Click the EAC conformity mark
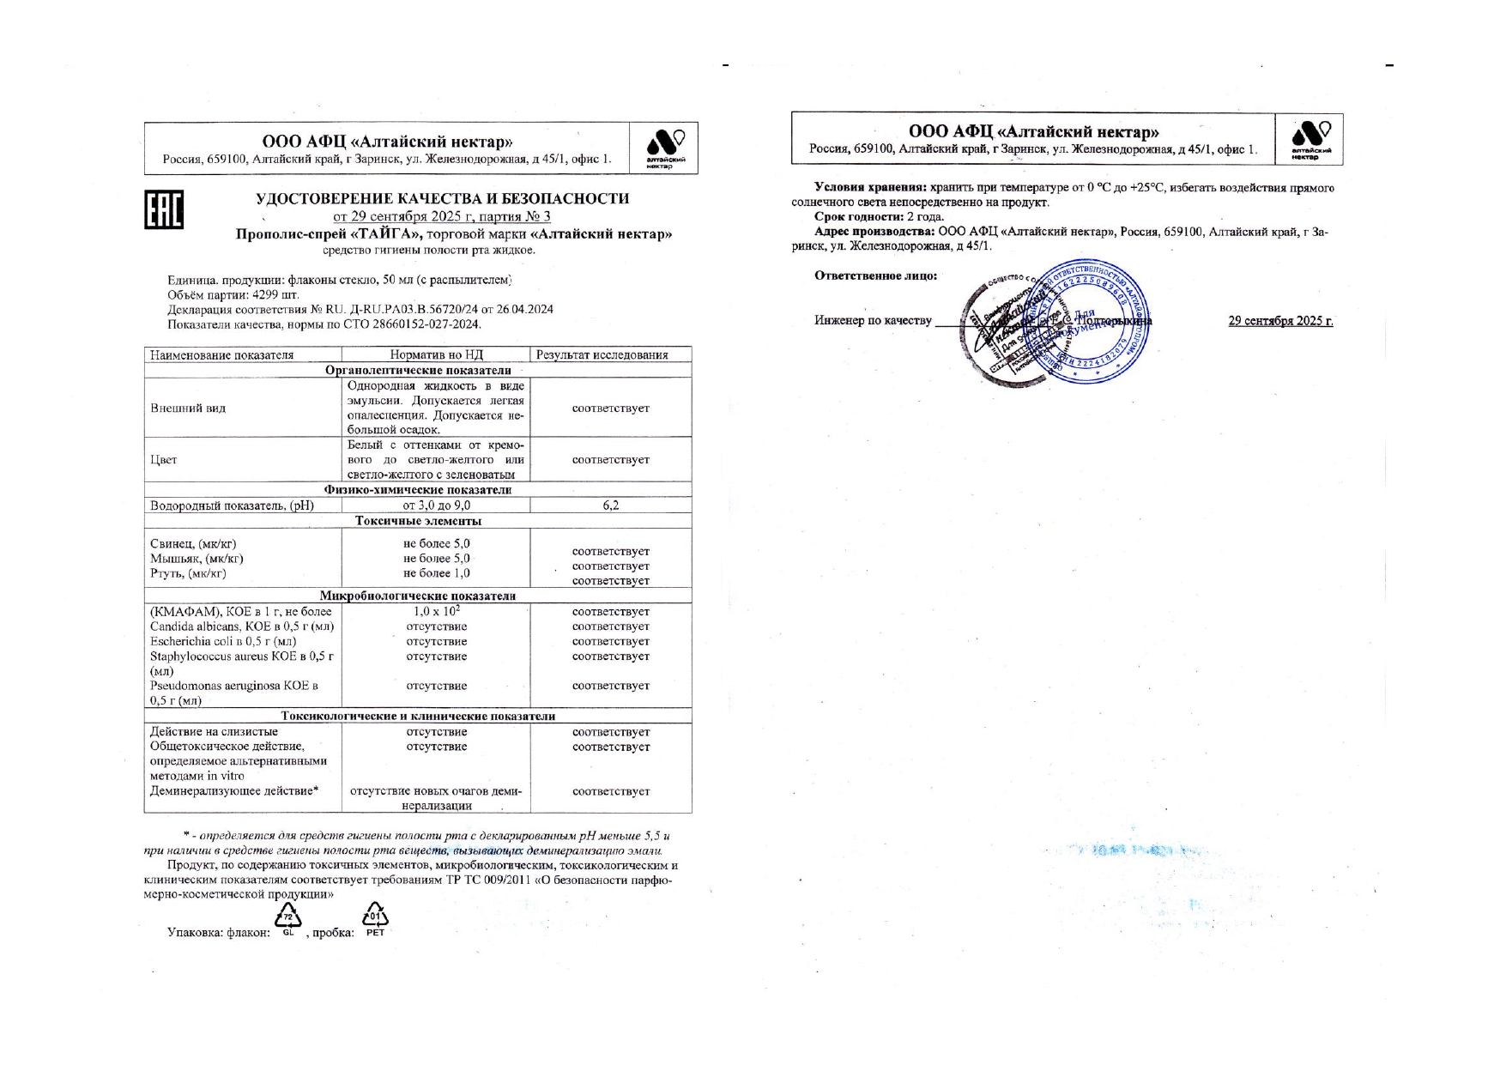click(163, 209)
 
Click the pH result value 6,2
click(611, 505)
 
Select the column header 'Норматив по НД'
click(436, 354)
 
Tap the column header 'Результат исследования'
click(611, 354)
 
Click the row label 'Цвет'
click(164, 460)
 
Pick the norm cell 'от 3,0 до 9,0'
click(436, 505)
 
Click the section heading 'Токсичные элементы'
click(418, 521)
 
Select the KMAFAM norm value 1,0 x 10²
click(436, 611)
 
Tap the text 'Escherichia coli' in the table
click(192, 641)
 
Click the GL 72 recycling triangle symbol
click(288, 918)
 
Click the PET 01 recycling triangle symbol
click(375, 918)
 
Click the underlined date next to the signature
click(1280, 321)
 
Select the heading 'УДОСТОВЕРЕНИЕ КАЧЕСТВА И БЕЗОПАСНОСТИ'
click(442, 199)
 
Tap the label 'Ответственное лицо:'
click(875, 275)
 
